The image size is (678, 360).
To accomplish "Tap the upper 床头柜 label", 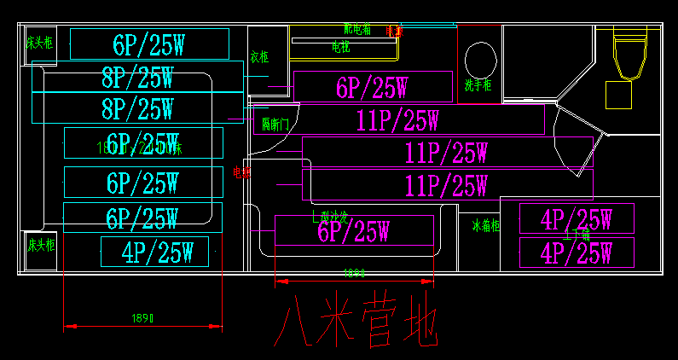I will click(39, 42).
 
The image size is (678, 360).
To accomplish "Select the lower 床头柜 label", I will click(40, 245).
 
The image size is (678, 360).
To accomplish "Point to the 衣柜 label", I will click(259, 58).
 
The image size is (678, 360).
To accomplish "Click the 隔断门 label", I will click(275, 125).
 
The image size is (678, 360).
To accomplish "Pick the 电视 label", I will click(340, 45).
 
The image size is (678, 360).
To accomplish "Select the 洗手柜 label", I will click(478, 85).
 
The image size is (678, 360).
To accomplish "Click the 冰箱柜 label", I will click(485, 226).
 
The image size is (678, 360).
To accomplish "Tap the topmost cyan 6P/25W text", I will click(149, 44).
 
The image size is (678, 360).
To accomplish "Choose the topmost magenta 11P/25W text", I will click(397, 120).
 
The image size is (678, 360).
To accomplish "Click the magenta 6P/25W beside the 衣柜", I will click(372, 87).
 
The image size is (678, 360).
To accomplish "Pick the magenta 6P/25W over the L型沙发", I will click(353, 230).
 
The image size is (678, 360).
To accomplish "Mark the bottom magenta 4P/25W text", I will click(577, 253).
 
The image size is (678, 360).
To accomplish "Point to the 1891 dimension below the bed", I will click(144, 318).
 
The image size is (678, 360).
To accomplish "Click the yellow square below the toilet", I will click(619, 95).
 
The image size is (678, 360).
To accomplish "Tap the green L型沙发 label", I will click(329, 218).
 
